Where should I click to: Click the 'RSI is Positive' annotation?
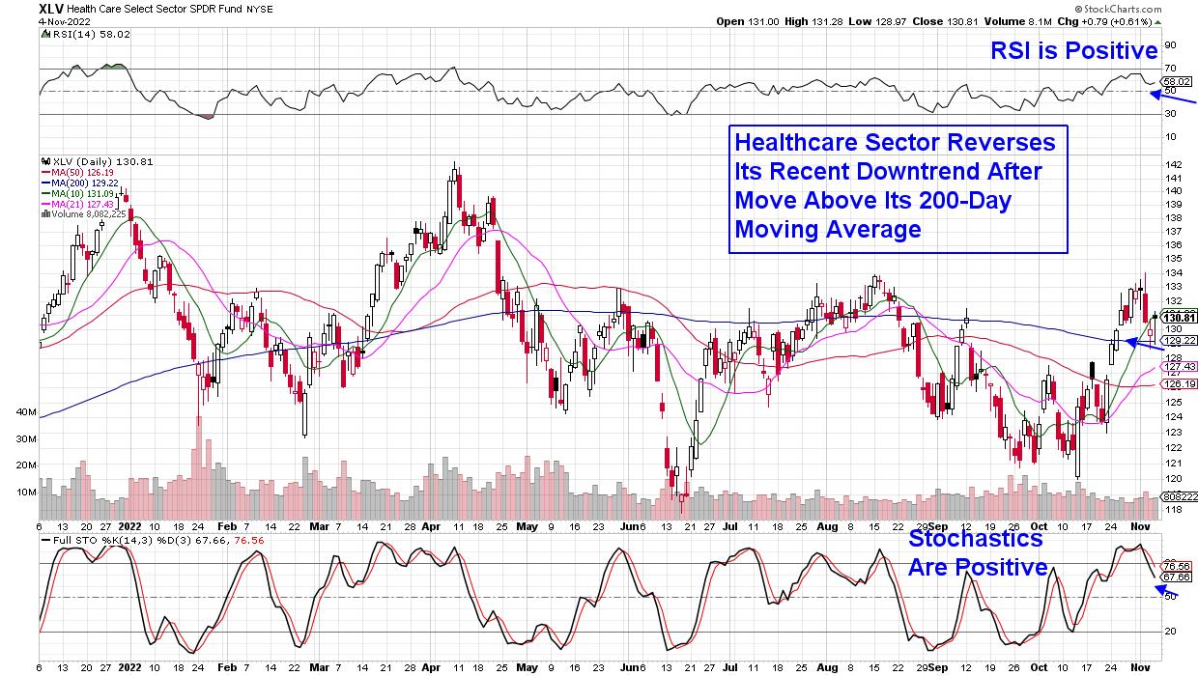point(1073,50)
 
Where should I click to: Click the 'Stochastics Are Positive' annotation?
point(977,552)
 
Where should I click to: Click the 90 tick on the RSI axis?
point(1170,44)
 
